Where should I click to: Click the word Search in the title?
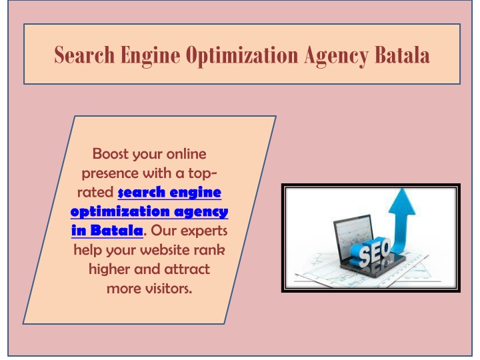pos(85,55)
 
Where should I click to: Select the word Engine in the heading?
pos(150,56)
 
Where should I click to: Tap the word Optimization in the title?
pos(242,56)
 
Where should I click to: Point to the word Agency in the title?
pos(337,57)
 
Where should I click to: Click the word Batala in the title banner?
pos(402,55)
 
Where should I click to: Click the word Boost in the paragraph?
pos(110,154)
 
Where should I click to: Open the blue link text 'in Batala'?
pos(107,230)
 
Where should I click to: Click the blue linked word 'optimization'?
pos(120,211)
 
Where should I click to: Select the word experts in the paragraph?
pos(204,231)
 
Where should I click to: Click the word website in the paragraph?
pos(162,250)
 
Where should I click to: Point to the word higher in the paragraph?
pos(109,270)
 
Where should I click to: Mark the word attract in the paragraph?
pos(187,269)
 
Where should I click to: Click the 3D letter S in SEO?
pos(365,256)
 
